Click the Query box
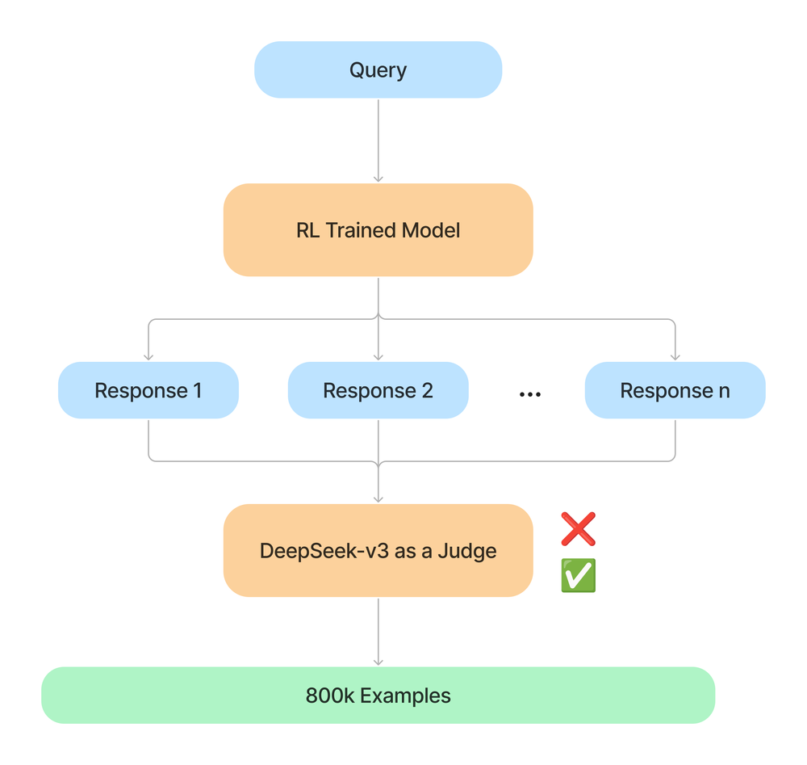coord(378,70)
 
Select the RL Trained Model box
coord(378,230)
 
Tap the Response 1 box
coord(148,391)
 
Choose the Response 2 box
coord(378,391)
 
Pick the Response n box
coord(675,391)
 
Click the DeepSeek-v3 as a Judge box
coord(378,551)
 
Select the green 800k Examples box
coord(378,696)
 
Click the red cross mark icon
coord(578,529)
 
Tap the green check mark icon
coord(578,575)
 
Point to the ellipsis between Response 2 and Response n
coord(529,394)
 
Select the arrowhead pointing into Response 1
coord(148,356)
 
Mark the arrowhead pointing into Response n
coord(675,356)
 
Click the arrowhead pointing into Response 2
coord(378,356)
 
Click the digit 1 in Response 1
coord(197,391)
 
